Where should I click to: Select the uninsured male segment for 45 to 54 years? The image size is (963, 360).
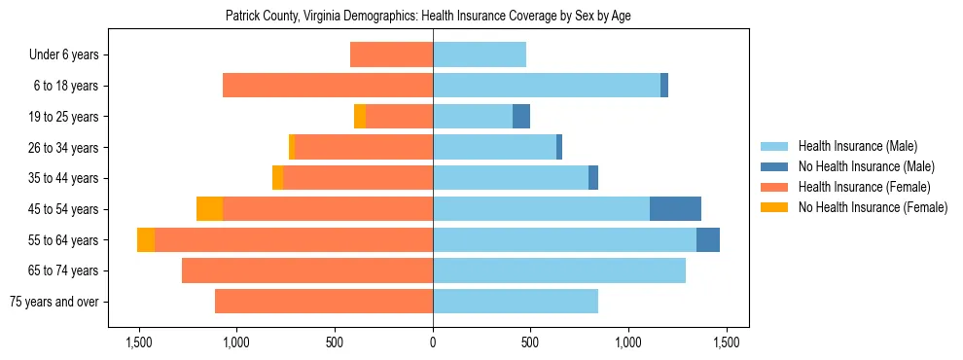(x=675, y=209)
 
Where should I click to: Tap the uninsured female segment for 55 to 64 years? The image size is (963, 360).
(x=146, y=240)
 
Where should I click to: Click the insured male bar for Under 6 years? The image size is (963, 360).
(x=480, y=54)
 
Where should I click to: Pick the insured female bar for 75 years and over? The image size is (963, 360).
(x=324, y=302)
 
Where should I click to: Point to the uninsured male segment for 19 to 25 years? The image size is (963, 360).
(x=521, y=117)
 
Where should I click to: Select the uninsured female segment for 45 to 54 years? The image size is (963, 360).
(x=209, y=209)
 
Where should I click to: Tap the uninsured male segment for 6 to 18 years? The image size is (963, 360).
(x=664, y=86)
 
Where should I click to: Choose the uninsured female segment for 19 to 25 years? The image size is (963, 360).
(x=360, y=117)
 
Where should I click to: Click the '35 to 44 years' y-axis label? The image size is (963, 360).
(x=56, y=178)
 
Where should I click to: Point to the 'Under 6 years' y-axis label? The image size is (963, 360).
(x=63, y=54)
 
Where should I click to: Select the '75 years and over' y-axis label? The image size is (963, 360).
(x=53, y=302)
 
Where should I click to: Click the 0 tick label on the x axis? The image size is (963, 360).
(x=433, y=342)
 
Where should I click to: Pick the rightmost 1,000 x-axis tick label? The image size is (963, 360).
(x=628, y=342)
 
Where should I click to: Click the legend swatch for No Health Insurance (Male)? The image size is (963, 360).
(x=775, y=166)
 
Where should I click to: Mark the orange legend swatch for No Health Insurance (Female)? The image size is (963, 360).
(x=775, y=207)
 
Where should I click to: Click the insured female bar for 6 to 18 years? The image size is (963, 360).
(x=328, y=86)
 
